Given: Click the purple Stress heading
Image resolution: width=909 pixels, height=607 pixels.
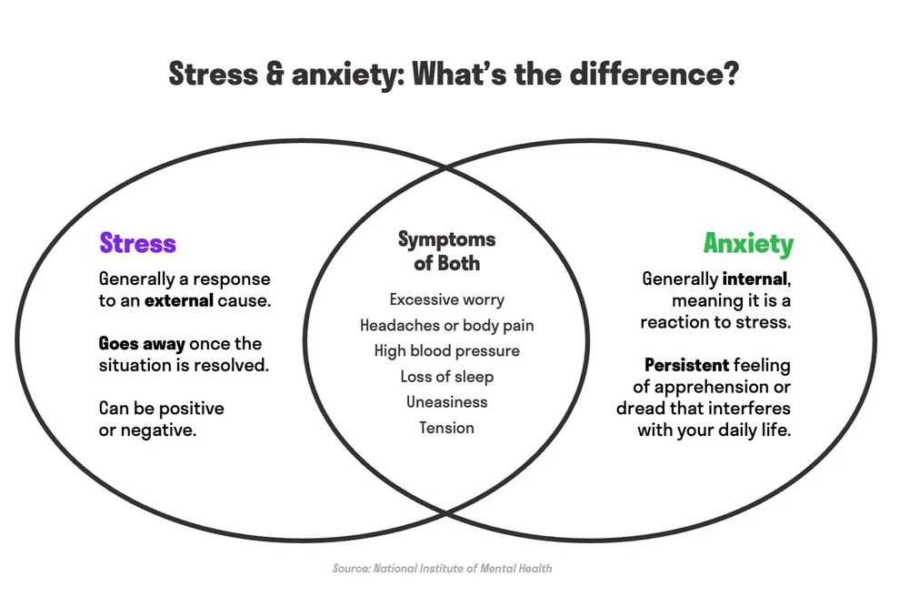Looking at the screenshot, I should coord(137,244).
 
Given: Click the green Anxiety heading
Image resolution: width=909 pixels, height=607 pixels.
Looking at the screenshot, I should coord(747,244).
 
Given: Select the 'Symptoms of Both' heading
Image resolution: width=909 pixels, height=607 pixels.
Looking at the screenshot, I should coord(446,251).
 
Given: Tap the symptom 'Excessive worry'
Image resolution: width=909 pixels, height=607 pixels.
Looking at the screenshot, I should coord(446,299).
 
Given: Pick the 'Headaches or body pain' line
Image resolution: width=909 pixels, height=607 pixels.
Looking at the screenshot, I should coord(446,325).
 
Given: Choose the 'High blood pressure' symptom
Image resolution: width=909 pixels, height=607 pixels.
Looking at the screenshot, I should coord(446,350).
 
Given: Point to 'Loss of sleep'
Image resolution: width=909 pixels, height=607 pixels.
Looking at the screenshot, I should coord(446,376).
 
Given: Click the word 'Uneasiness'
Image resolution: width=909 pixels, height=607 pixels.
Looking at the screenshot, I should coord(446,401).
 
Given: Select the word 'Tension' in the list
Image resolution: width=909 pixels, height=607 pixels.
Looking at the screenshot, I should coord(446,427).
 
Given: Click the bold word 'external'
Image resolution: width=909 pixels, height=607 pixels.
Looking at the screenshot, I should coord(179,300).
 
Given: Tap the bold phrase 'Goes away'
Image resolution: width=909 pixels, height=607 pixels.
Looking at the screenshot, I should coord(142,344).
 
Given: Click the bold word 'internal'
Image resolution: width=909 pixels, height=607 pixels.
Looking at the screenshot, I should coord(754,278).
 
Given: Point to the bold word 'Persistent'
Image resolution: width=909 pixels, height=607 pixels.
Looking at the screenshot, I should coord(686,365).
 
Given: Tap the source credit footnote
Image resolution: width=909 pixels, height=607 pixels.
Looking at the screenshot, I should coord(442,568).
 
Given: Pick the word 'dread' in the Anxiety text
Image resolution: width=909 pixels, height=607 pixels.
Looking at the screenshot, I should coord(639,409).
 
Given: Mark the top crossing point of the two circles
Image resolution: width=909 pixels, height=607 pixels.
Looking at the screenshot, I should coord(446,167).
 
